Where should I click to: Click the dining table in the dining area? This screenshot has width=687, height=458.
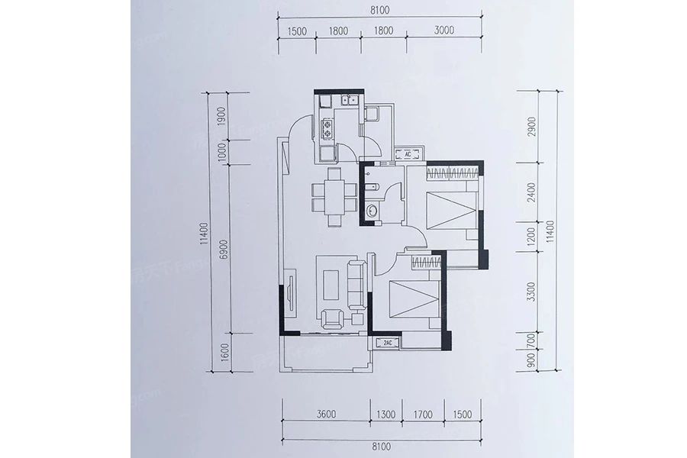(x=334, y=196)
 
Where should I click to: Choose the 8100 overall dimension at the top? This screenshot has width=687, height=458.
(x=379, y=11)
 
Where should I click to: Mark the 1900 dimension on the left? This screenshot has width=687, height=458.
(x=222, y=117)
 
